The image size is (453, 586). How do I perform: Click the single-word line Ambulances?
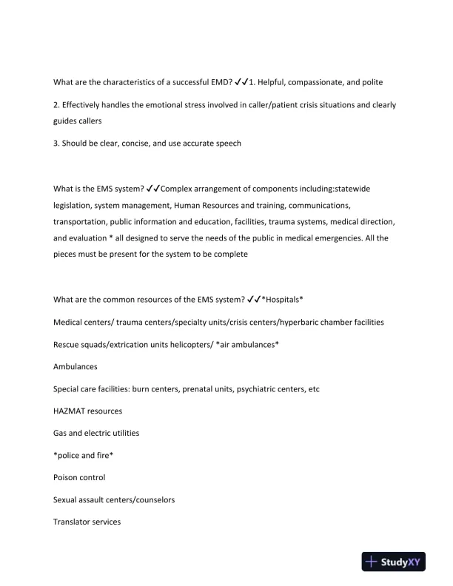point(75,366)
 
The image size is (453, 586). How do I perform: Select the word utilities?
point(121,433)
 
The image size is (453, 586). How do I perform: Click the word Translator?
point(73,522)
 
